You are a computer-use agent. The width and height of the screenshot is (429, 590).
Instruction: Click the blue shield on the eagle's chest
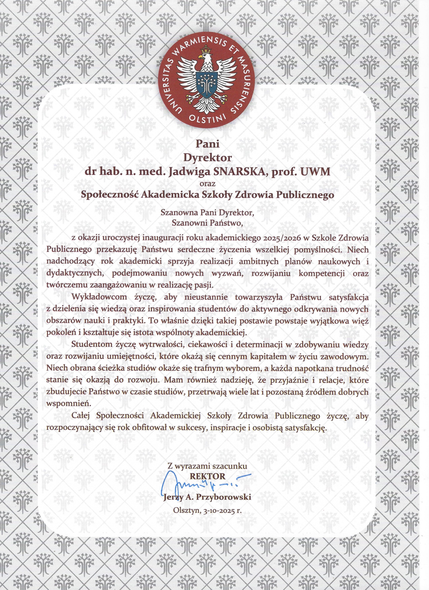click(x=207, y=83)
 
